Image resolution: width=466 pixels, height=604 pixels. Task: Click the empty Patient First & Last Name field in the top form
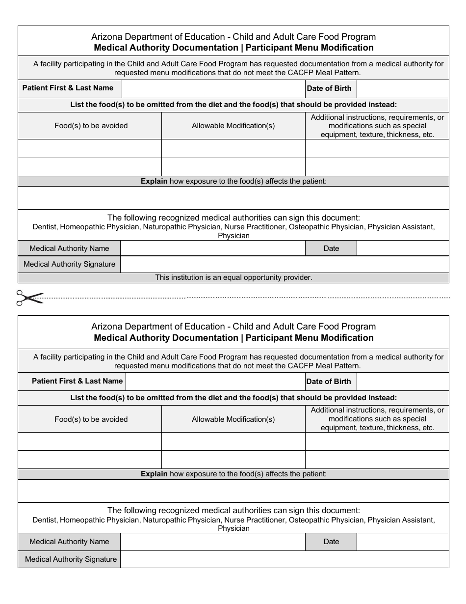[213, 89]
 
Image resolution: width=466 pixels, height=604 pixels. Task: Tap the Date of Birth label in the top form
[329, 89]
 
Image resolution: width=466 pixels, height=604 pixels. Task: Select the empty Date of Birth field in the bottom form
[402, 382]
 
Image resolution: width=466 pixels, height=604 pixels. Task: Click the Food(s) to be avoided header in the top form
[91, 126]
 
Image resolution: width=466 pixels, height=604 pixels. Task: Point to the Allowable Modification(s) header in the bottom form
[233, 419]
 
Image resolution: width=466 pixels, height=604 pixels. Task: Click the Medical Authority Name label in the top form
[69, 248]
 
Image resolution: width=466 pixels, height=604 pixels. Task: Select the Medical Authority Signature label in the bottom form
[71, 559]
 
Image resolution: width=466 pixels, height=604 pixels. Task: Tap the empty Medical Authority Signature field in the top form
[284, 264]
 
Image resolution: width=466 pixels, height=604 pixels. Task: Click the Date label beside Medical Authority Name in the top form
[331, 248]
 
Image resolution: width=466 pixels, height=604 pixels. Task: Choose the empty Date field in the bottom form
[402, 542]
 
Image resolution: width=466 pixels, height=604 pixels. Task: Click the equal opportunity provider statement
[233, 277]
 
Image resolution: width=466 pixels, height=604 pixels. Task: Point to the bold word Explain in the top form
[154, 181]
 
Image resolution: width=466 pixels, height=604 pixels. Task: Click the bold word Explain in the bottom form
[154, 474]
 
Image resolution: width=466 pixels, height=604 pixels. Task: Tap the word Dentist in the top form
[44, 227]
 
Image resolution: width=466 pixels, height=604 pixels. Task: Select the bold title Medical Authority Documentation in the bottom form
[166, 338]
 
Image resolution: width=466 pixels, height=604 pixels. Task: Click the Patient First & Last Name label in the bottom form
[77, 381]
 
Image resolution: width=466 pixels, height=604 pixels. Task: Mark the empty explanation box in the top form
[233, 198]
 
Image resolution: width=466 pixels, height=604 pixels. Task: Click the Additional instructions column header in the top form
[377, 126]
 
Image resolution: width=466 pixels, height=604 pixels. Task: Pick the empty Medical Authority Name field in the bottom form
[212, 542]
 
